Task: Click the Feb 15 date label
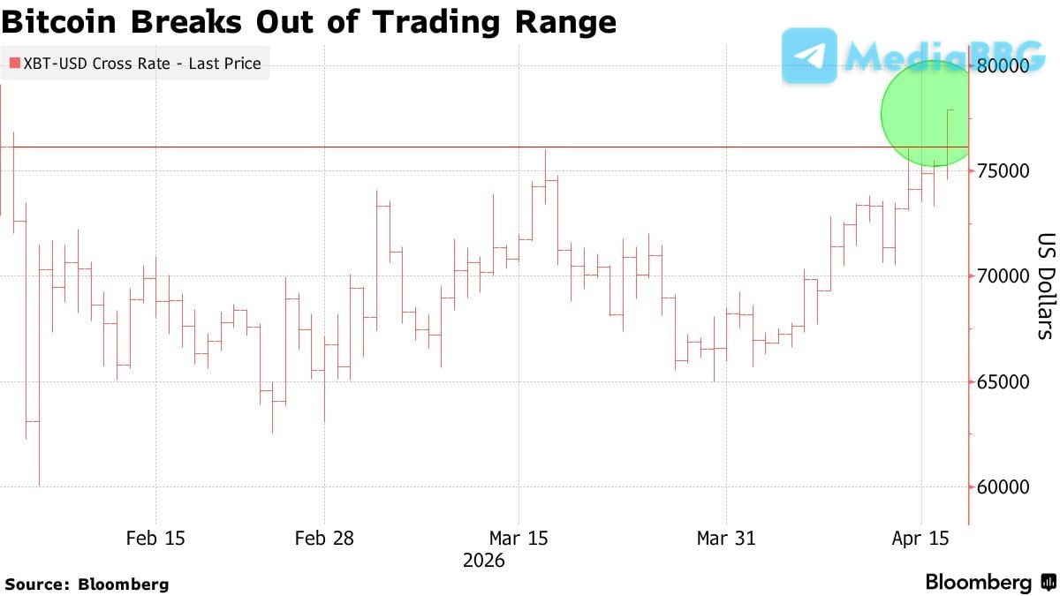[155, 538]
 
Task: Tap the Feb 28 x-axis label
[324, 538]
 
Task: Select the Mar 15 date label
[518, 538]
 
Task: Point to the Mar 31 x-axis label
[726, 538]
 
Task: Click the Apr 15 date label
[920, 538]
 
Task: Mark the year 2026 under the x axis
[483, 561]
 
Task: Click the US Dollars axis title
[1046, 287]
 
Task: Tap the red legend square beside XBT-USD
[14, 64]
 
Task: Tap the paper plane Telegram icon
[809, 56]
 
